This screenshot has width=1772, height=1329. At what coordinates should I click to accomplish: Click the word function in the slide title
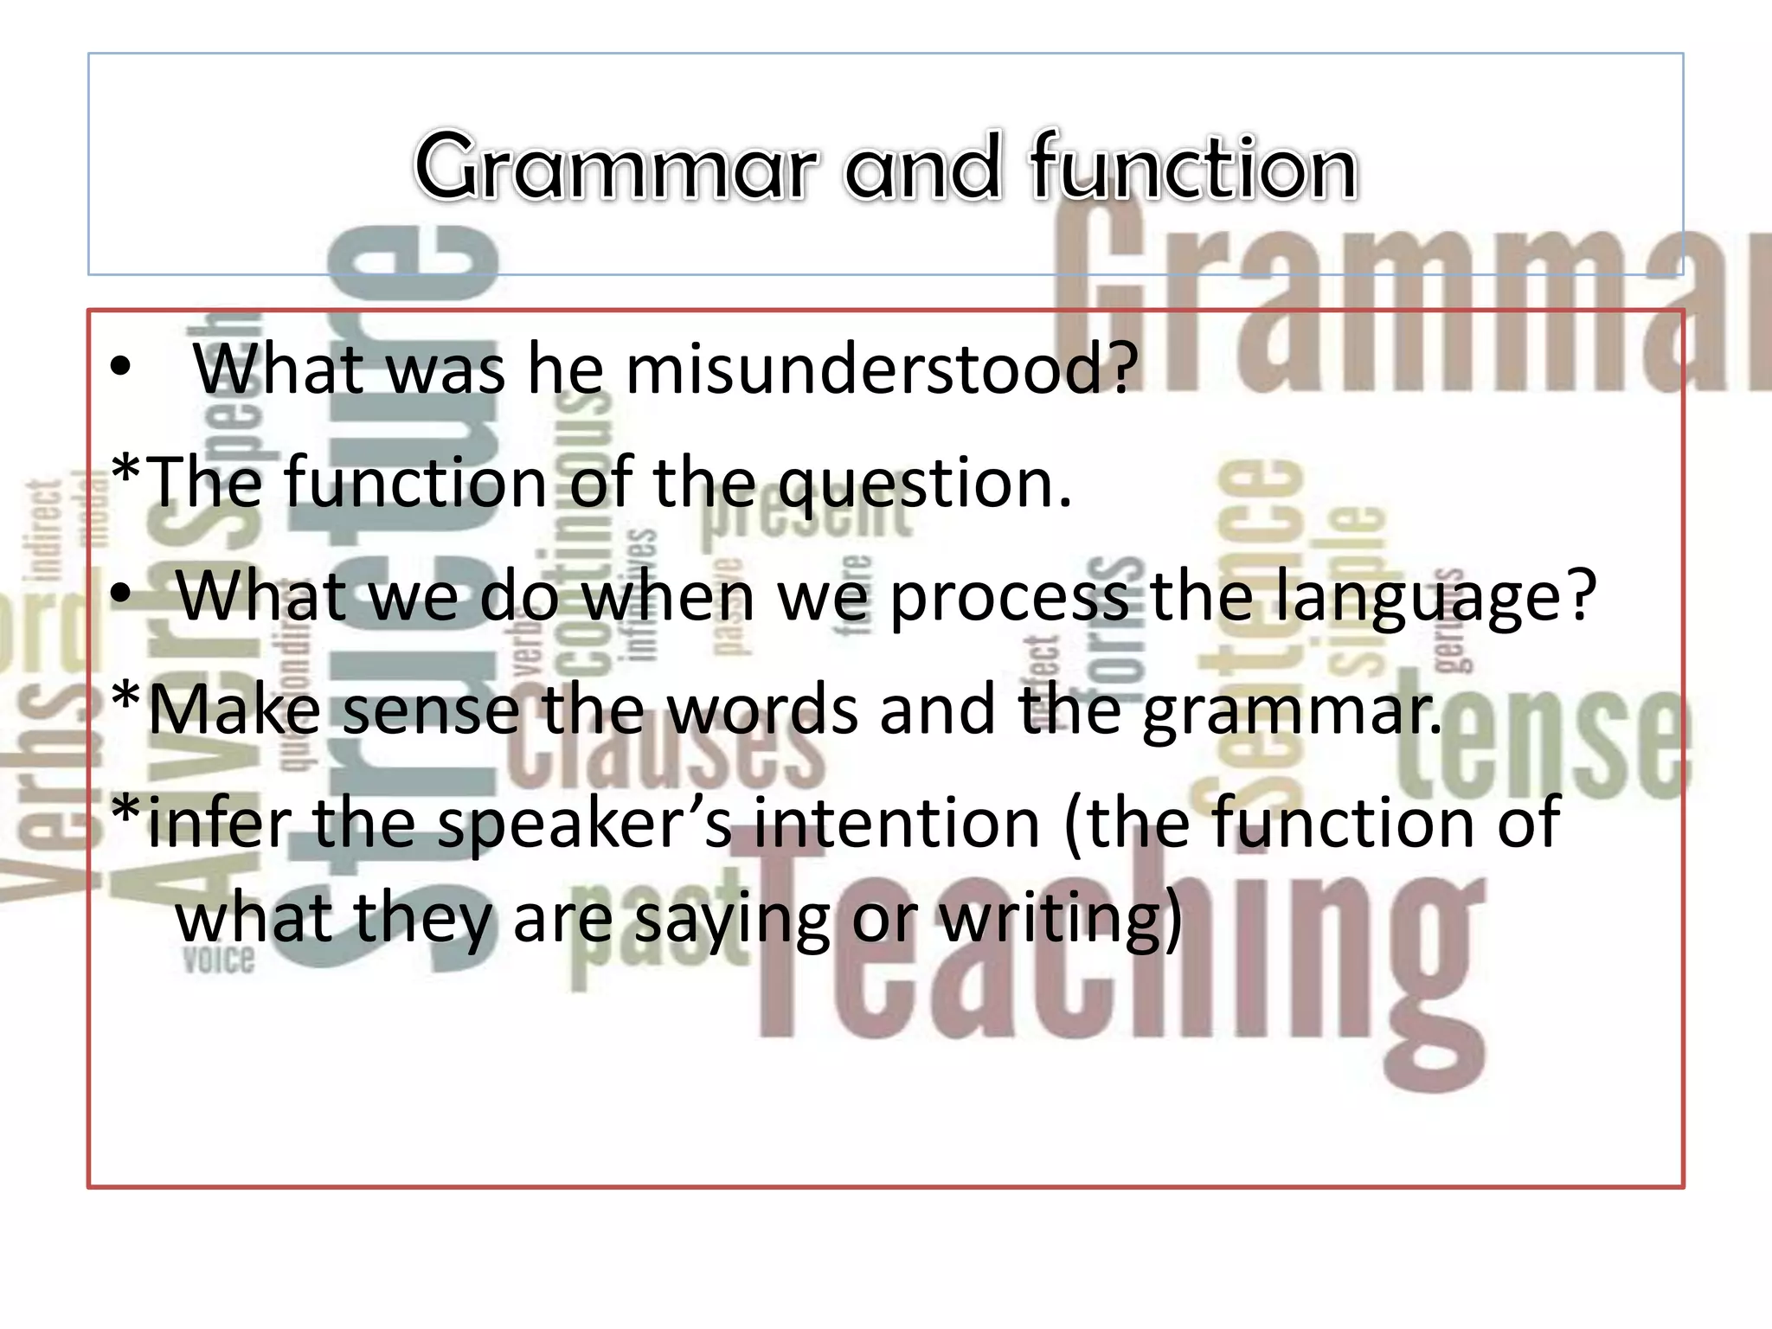pyautogui.click(x=1192, y=167)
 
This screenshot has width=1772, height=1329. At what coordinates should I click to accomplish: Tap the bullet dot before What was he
pyautogui.click(x=120, y=369)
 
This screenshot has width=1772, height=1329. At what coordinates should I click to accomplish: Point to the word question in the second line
pyautogui.click(x=924, y=484)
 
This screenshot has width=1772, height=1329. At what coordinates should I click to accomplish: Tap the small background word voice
pyautogui.click(x=218, y=960)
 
